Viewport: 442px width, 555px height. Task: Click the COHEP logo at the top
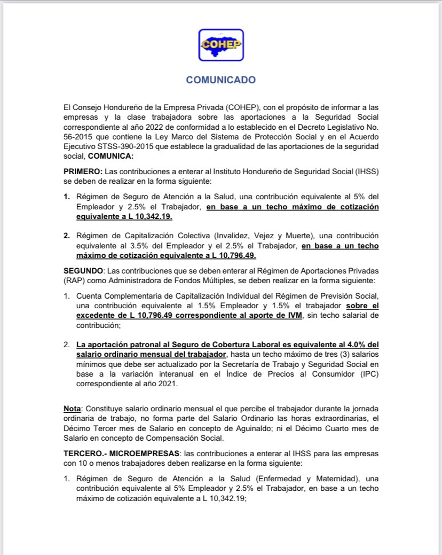[x=220, y=45]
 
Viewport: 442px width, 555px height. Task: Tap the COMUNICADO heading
[x=220, y=80]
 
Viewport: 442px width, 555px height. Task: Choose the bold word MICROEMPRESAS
[x=135, y=452]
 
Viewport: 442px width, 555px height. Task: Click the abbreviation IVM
[x=295, y=316]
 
